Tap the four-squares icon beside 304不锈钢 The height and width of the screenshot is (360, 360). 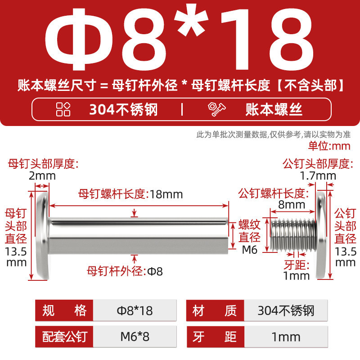coord(63,109)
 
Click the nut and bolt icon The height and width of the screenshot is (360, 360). coord(217,109)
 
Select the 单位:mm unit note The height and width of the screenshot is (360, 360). coord(329,146)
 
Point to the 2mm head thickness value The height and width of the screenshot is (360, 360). coord(42,176)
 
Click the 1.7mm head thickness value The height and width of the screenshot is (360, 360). coord(318,176)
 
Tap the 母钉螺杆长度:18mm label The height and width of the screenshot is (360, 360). coord(130,194)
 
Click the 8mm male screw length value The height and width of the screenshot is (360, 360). coord(292,205)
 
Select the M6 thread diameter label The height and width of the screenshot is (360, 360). coord(250,250)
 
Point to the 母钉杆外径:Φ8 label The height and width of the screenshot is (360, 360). coord(125,271)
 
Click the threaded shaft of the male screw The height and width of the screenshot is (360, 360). coord(293,235)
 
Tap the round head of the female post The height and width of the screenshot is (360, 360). coord(42,236)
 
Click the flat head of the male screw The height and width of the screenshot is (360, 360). coord(321,236)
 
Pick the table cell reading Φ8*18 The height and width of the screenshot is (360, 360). coord(135,310)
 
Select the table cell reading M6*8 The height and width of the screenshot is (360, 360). coord(135,337)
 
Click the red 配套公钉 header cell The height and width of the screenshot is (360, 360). coord(64,337)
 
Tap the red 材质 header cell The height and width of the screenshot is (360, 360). coord(215,310)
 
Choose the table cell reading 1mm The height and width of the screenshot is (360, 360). coord(286,337)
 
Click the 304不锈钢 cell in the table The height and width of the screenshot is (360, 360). coord(286,310)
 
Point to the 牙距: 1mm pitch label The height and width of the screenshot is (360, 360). coord(297,270)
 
